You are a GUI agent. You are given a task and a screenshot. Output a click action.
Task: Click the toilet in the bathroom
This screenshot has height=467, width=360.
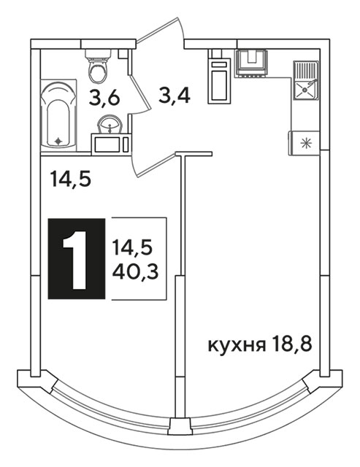98,66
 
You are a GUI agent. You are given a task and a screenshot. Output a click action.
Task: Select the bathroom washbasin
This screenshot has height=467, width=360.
110,125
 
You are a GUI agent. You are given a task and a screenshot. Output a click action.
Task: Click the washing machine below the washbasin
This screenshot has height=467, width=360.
111,144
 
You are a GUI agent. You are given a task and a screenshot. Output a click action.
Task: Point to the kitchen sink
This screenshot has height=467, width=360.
305,80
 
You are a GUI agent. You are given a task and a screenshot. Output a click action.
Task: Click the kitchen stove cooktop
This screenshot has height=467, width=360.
252,63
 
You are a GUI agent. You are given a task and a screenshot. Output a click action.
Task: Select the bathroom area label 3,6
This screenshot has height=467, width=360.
104,98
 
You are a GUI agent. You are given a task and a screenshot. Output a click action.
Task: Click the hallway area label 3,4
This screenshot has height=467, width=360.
175,95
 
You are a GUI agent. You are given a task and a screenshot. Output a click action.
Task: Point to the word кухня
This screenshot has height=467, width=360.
237,345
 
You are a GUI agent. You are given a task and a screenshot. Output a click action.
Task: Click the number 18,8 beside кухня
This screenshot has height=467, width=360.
292,345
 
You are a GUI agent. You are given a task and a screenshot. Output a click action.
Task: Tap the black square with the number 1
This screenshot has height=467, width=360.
77,258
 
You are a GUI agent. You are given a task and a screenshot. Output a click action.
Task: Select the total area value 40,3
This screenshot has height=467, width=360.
135,271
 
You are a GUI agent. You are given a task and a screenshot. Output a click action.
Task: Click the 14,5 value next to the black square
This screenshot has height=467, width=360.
133,248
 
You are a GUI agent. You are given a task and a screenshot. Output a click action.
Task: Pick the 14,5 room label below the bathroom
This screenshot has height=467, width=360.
70,179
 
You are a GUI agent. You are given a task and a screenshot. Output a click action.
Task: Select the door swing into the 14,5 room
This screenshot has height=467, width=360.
154,163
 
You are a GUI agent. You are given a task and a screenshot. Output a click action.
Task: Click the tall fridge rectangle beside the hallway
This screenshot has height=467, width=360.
219,81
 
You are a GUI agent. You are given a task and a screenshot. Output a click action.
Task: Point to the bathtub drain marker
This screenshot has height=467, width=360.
58,141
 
